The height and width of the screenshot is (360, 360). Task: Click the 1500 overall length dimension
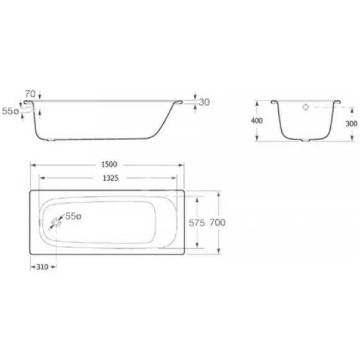click(109, 164)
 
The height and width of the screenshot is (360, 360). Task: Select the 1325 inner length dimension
click(110, 178)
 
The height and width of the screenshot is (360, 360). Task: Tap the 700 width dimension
click(217, 222)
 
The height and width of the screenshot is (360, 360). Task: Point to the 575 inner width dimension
click(197, 223)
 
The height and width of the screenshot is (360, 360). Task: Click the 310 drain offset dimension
click(42, 267)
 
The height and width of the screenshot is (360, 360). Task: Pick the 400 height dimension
click(256, 120)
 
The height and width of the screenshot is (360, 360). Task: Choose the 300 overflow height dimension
click(351, 124)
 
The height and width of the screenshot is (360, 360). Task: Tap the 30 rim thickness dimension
click(204, 102)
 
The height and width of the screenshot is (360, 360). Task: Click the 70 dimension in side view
click(30, 94)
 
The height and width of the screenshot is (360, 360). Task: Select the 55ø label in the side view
click(11, 111)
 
